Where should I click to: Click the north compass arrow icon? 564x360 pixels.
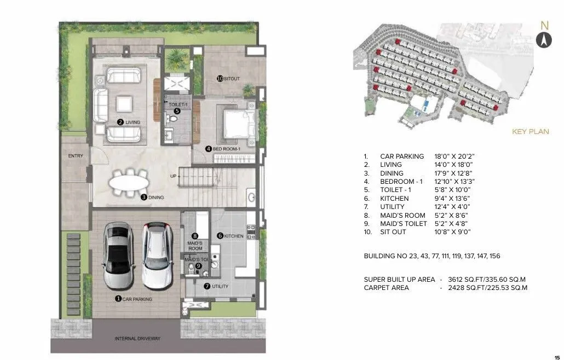[543, 39]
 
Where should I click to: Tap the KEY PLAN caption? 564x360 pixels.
[530, 132]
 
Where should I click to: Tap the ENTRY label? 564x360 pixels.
[76, 156]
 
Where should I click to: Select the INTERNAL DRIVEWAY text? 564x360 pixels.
[137, 339]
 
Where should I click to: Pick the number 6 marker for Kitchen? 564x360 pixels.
[220, 236]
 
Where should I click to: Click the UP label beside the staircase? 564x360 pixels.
[174, 176]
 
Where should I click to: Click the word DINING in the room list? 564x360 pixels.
[392, 173]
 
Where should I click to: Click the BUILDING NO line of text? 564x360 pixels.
[431, 256]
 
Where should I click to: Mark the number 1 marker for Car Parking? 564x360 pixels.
[118, 299]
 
